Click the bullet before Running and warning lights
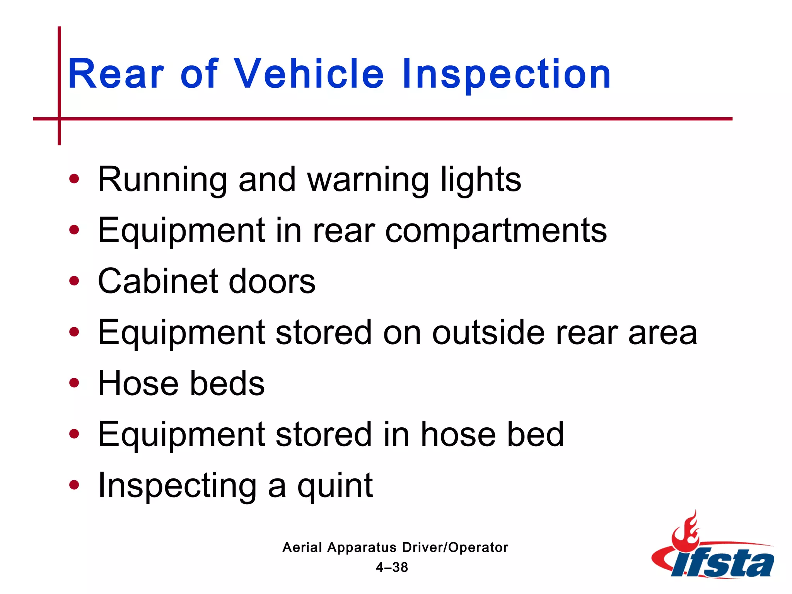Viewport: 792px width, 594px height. [x=74, y=179]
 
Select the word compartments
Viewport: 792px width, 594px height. [x=496, y=231]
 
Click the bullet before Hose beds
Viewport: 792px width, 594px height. [x=74, y=383]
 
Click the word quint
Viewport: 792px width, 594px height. [x=335, y=486]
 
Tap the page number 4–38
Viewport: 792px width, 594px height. [x=392, y=567]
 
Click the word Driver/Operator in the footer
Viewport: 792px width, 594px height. [x=455, y=548]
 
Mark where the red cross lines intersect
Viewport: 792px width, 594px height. [x=60, y=119]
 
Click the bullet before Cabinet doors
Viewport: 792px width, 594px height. [x=74, y=281]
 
